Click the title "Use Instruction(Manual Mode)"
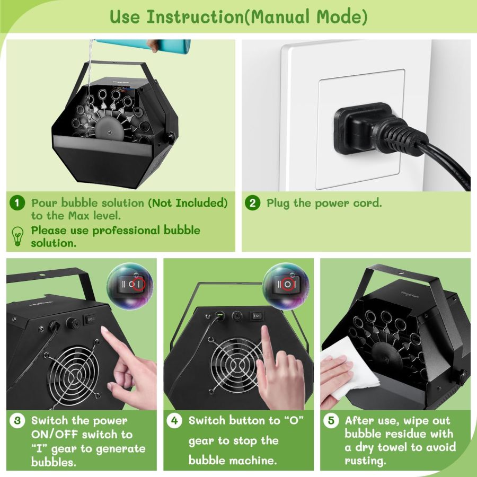(238, 16)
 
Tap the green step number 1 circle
(17, 203)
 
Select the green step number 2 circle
(253, 203)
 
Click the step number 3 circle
(17, 421)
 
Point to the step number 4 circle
(175, 421)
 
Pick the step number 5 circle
(331, 421)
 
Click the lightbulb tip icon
(18, 236)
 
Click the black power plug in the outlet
(366, 128)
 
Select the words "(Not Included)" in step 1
(188, 203)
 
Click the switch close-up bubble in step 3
(130, 285)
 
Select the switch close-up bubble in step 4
(286, 285)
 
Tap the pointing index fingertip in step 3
(105, 331)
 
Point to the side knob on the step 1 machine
(171, 137)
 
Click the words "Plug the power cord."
(324, 203)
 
